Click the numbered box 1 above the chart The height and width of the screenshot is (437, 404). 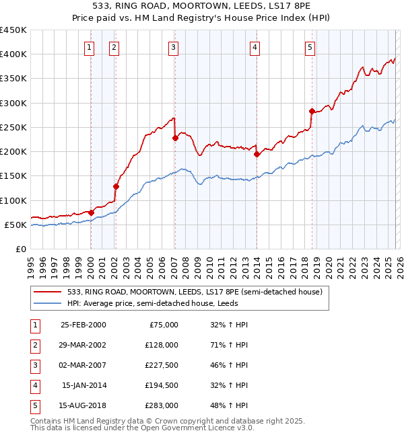point(90,47)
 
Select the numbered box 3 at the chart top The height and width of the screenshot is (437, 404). point(174,47)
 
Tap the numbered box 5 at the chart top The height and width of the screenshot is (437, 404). point(310,47)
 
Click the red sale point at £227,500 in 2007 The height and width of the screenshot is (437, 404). point(175,138)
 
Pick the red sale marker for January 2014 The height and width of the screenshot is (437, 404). point(257,154)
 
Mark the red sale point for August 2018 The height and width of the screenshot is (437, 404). point(312,111)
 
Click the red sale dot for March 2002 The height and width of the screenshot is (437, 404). point(116,186)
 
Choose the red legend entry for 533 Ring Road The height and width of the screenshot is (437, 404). point(195,292)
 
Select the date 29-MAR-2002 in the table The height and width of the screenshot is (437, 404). point(83,344)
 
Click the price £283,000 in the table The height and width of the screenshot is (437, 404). point(162,405)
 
